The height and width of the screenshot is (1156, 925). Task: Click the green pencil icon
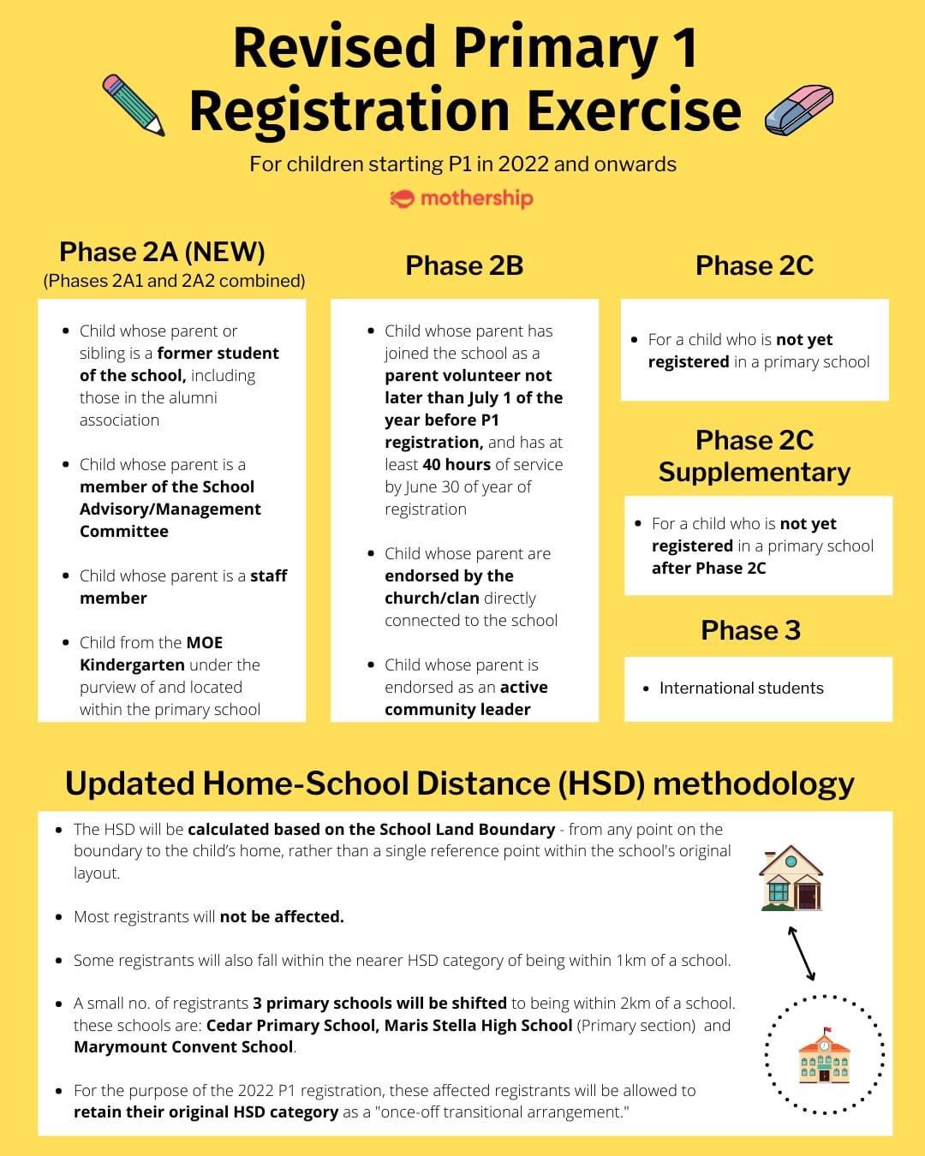[x=133, y=105]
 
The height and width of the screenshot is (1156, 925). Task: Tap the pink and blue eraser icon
[x=797, y=109]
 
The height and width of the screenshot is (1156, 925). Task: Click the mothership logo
[x=462, y=199]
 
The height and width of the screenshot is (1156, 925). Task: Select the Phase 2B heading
[x=464, y=265]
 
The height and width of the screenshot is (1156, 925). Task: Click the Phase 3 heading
[x=750, y=630]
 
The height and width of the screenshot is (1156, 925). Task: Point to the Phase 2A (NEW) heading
[x=162, y=252]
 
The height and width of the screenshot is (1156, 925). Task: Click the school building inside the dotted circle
[x=823, y=1055]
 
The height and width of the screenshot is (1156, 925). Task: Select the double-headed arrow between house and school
[x=802, y=953]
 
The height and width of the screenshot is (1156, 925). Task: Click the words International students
[x=741, y=688]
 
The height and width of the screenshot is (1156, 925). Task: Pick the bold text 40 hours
[x=457, y=464]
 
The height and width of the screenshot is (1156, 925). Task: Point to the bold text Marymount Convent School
[x=183, y=1046]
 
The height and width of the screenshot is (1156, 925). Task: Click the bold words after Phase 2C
[x=708, y=568]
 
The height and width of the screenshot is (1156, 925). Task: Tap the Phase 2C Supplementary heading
[x=754, y=456]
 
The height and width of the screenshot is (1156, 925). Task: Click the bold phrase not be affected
[x=282, y=916]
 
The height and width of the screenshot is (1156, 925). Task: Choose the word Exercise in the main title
[x=634, y=111]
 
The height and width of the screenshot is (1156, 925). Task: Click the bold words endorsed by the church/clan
[x=451, y=587]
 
